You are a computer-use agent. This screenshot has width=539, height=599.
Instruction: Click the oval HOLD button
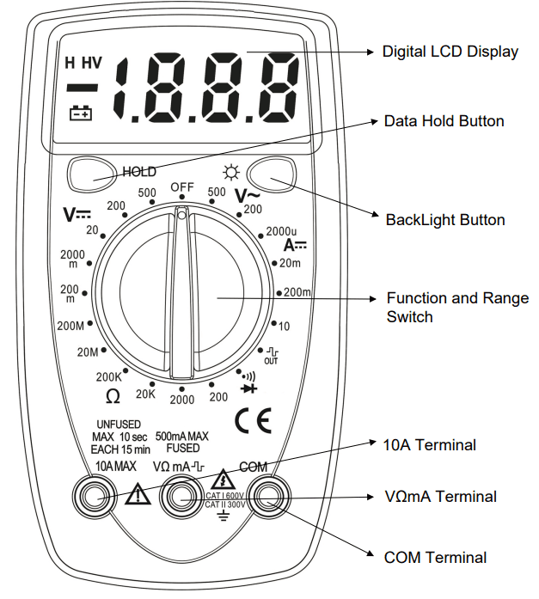[89, 173]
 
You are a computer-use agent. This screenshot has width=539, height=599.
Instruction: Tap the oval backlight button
[274, 173]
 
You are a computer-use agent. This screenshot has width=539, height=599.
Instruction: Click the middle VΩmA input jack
[181, 497]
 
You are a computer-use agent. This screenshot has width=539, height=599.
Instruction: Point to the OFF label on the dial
[182, 187]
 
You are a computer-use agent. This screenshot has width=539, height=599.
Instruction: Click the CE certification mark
[253, 420]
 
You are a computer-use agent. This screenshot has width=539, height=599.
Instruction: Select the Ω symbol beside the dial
[113, 396]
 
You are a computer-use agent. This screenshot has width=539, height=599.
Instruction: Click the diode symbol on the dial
[249, 388]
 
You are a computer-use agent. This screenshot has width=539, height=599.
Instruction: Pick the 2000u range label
[281, 231]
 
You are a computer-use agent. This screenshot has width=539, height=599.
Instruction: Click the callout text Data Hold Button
[444, 121]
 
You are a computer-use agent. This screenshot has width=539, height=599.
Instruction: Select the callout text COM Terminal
[435, 558]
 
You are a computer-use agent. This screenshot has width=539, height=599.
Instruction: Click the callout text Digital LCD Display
[450, 52]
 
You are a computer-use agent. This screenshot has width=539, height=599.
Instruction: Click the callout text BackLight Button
[444, 220]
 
